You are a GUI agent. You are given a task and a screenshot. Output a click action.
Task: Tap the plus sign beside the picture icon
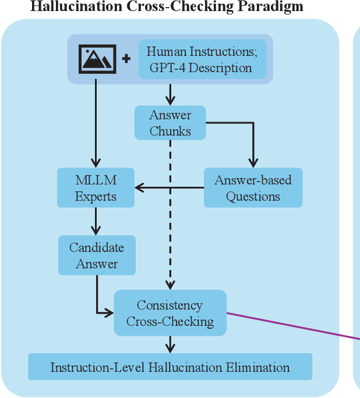pos(126,59)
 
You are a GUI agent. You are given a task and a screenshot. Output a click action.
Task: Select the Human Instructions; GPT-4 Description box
pos(202,59)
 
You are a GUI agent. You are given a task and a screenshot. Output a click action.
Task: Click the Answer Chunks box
pos(170,123)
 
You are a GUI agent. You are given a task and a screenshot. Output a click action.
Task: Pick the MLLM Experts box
pos(96,188)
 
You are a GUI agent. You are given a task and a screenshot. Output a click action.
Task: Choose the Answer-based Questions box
pos(253,188)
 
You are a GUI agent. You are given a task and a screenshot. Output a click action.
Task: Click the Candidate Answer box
pos(97,255)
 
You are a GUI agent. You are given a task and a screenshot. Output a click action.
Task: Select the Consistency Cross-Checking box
pos(170,313)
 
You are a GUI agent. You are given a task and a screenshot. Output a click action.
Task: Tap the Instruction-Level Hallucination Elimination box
pos(170,367)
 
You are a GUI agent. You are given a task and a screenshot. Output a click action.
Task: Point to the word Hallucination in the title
pos(69,7)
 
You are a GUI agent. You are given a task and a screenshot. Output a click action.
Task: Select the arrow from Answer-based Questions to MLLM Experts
pos(169,188)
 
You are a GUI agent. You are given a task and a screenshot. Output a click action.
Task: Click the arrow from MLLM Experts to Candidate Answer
pos(96,221)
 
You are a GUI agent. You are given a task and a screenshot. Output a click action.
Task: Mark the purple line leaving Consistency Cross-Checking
pos(291,325)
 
